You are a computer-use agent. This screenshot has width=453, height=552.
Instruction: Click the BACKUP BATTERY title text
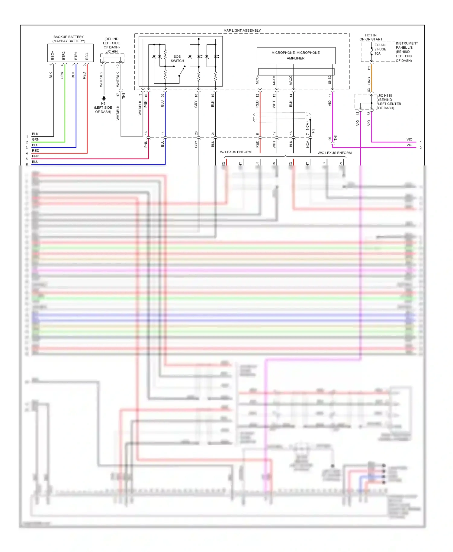[69, 37]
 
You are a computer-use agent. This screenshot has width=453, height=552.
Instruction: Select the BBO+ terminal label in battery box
[53, 55]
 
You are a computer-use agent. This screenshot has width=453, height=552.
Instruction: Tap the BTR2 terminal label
[64, 55]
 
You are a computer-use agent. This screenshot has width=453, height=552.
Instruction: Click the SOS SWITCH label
[177, 59]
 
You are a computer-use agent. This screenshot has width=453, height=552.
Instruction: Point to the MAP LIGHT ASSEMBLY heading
[242, 30]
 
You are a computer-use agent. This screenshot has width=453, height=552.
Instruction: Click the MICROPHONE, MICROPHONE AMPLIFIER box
[296, 56]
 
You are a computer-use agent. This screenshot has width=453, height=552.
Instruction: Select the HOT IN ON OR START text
[371, 37]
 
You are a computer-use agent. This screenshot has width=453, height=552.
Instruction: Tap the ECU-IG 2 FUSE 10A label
[380, 49]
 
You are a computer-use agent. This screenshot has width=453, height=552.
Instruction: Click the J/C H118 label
[385, 95]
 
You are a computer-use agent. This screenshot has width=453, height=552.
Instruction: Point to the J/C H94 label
[112, 52]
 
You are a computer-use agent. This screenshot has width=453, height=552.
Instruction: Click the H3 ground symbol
[104, 98]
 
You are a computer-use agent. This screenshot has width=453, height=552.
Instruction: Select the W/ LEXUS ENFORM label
[236, 152]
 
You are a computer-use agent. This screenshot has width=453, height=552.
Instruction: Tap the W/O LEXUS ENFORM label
[334, 153]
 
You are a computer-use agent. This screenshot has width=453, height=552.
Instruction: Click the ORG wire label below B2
[369, 80]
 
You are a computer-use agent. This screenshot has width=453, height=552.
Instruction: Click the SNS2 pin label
[330, 80]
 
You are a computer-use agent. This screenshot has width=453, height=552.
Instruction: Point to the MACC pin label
[291, 80]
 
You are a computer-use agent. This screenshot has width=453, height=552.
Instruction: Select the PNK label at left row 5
[36, 156]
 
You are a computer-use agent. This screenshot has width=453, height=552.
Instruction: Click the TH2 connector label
[313, 132]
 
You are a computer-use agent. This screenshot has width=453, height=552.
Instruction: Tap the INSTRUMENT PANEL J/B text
[406, 46]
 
